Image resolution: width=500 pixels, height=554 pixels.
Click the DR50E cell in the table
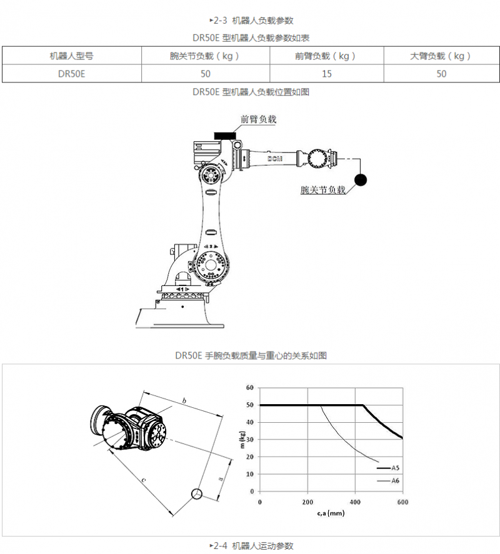pos(71,74)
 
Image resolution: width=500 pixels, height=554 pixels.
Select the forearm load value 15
pos(327,74)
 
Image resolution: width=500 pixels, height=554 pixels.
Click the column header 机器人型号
pos(71,56)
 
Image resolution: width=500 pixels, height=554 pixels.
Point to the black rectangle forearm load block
pos(225,136)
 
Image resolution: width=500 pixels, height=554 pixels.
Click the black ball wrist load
pos(361,180)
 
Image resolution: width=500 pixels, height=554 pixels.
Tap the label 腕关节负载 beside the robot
pos(322,190)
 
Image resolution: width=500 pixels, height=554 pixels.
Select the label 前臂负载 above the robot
pos(258,119)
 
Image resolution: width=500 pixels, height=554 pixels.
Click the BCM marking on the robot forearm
pos(275,159)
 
